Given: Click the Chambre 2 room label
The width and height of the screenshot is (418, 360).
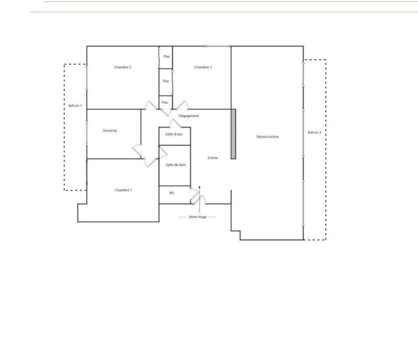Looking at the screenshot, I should tap(123, 67).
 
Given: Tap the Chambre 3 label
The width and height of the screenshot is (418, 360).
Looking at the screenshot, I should tap(203, 67).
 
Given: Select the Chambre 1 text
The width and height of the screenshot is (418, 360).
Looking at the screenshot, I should tap(123, 190).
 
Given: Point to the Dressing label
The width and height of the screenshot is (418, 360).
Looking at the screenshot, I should tap(110, 131).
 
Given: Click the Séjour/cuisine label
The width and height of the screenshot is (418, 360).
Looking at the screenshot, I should tap(268, 137).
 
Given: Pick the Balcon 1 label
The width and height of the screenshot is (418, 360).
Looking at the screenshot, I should tap(75, 106).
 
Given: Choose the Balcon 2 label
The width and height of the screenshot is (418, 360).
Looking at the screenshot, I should tap(315, 132).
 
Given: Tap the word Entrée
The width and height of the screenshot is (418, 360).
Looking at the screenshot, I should tap(213, 158).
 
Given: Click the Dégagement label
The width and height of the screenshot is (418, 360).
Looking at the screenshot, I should tap(189, 116).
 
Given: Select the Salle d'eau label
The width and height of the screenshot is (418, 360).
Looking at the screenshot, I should tap(175, 135).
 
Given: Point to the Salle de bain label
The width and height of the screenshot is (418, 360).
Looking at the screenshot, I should tap(176, 165).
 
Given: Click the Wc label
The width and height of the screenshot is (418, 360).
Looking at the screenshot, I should tap(171, 193).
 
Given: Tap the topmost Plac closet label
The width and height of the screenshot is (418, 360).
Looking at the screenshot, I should tap(166, 56).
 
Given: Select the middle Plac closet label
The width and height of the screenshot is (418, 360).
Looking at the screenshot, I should tap(166, 81).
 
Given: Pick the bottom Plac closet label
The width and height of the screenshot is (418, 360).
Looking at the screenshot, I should tap(165, 102).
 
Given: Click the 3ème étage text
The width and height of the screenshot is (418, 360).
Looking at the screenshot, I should tap(198, 216).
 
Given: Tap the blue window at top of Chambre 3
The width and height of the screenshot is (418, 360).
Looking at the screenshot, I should tap(218, 46).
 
